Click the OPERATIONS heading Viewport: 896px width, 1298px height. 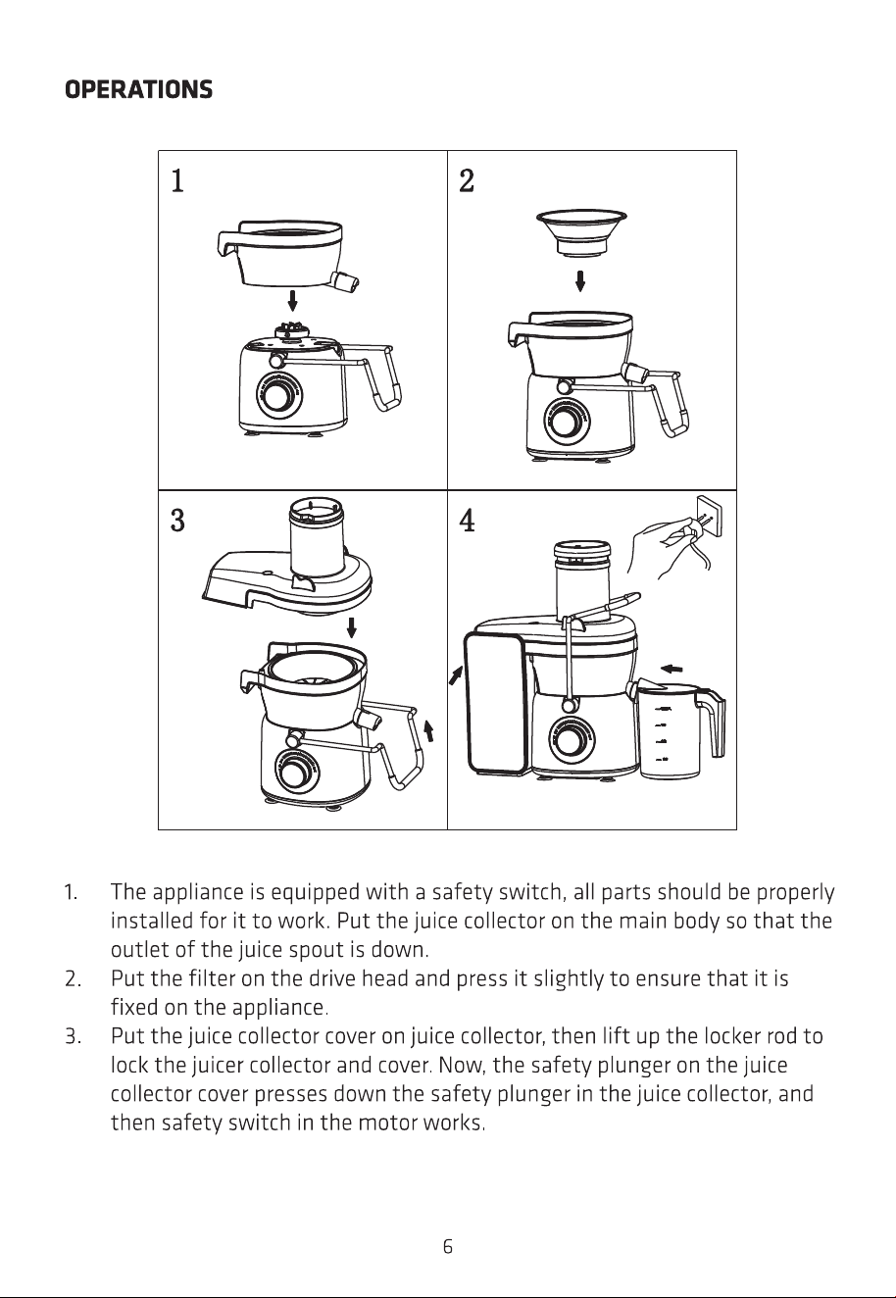point(138,90)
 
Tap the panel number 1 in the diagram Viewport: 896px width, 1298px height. point(177,180)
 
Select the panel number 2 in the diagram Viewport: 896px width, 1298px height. point(467,180)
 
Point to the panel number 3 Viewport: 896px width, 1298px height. point(177,520)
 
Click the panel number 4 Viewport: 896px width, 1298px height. point(468,520)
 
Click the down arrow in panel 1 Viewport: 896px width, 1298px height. point(293,301)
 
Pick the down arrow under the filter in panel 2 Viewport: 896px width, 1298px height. point(580,281)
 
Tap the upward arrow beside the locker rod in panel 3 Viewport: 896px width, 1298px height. point(428,730)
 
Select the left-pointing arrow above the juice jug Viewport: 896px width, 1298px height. point(672,669)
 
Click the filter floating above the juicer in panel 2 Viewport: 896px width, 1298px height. point(581,231)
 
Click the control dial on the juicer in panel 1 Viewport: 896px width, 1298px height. point(279,396)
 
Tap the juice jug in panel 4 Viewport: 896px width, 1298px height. point(677,730)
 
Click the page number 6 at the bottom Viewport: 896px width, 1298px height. point(447,1246)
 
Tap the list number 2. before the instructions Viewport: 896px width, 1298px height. point(73,978)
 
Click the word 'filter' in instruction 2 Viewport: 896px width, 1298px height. point(212,978)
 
